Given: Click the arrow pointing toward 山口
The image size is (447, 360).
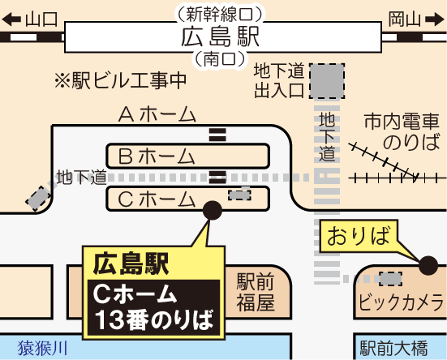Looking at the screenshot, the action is (x=11, y=19).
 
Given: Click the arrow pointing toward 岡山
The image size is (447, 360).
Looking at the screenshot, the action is (x=435, y=19).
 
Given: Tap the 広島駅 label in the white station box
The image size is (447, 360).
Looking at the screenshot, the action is (x=220, y=37).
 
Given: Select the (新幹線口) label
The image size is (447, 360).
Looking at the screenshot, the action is (x=220, y=15).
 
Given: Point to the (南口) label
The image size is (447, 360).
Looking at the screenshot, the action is (x=220, y=59).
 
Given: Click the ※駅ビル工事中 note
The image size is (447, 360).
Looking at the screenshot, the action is (x=120, y=81).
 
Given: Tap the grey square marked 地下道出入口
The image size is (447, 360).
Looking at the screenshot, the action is (x=327, y=81).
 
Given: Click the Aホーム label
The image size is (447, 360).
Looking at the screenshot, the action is (x=157, y=114).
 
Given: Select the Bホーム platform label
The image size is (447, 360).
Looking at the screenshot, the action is (x=157, y=156).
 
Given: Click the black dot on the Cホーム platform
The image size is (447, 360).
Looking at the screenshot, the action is (x=213, y=210).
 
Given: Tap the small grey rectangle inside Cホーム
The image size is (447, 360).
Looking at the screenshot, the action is (x=239, y=195).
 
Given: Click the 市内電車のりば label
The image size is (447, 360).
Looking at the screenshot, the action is (x=402, y=131).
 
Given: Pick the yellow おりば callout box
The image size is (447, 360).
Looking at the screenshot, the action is (x=359, y=236).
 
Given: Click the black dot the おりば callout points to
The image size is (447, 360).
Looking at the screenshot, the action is (x=428, y=265).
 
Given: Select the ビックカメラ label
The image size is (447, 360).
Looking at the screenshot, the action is (x=401, y=302).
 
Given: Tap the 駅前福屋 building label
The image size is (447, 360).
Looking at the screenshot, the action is (x=256, y=292).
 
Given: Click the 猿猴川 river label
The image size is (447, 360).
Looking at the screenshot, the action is (x=43, y=348).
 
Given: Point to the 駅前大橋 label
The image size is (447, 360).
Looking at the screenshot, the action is (x=394, y=348).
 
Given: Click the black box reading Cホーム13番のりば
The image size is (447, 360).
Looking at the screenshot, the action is (x=153, y=308).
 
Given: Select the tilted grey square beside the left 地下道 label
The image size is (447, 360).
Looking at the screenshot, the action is (x=38, y=199).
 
